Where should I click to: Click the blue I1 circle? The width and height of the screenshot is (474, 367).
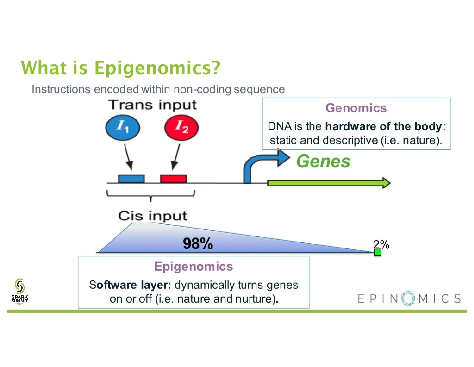(x=122, y=127)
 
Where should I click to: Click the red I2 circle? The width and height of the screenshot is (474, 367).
(x=181, y=127)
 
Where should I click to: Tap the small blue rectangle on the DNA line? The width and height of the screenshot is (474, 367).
(x=131, y=179)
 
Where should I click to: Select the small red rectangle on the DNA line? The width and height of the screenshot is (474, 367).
(x=173, y=179)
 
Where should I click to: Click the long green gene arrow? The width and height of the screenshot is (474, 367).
(x=328, y=183)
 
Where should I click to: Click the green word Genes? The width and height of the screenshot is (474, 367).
(x=323, y=161)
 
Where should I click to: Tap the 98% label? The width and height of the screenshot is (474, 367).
(x=198, y=244)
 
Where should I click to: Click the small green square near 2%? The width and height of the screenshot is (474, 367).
(x=377, y=252)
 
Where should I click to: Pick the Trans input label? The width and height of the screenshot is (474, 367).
(x=153, y=105)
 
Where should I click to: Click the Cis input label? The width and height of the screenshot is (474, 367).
(x=152, y=216)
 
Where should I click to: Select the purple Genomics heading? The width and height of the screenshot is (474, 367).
(x=356, y=108)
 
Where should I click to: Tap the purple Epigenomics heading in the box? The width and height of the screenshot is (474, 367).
(x=194, y=267)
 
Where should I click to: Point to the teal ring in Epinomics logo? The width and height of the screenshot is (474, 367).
(x=408, y=298)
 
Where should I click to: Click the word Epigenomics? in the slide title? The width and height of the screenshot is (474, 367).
(x=157, y=68)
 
